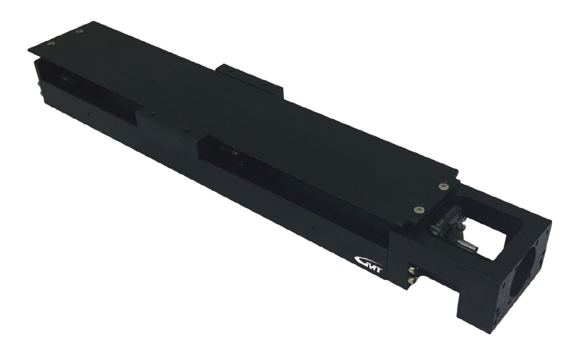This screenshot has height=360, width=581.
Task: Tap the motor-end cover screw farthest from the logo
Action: pyautogui.click(x=442, y=187)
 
